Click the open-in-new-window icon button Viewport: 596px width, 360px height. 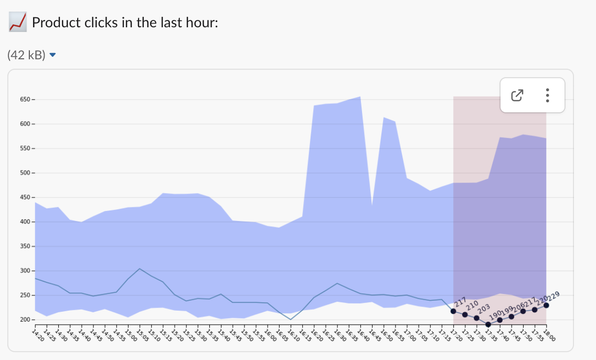pyautogui.click(x=517, y=95)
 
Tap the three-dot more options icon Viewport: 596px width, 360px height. pyautogui.click(x=547, y=95)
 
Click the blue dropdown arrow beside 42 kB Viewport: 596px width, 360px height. pyautogui.click(x=52, y=55)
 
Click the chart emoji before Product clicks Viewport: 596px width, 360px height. pyautogui.click(x=18, y=23)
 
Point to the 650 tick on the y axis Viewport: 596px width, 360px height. pyautogui.click(x=26, y=99)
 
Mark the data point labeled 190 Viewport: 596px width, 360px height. pyautogui.click(x=488, y=324)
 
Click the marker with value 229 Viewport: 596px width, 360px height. pyautogui.click(x=546, y=305)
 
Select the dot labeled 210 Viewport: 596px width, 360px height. pyautogui.click(x=465, y=314)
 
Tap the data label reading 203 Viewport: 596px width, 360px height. pyautogui.click(x=483, y=308)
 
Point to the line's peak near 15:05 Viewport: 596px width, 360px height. pyautogui.click(x=140, y=269)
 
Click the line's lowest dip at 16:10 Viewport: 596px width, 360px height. pyautogui.click(x=291, y=319)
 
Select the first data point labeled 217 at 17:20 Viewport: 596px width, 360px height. pyautogui.click(x=453, y=311)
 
